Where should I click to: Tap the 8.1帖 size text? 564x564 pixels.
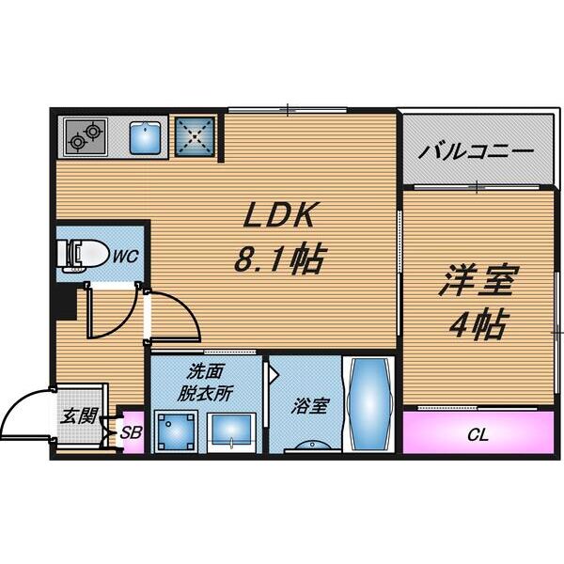278,258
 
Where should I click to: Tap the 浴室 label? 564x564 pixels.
306,406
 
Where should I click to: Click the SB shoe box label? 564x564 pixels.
132,433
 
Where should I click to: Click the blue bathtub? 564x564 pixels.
363,405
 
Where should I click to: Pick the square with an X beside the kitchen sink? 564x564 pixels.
196,136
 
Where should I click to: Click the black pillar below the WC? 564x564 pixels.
63,301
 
